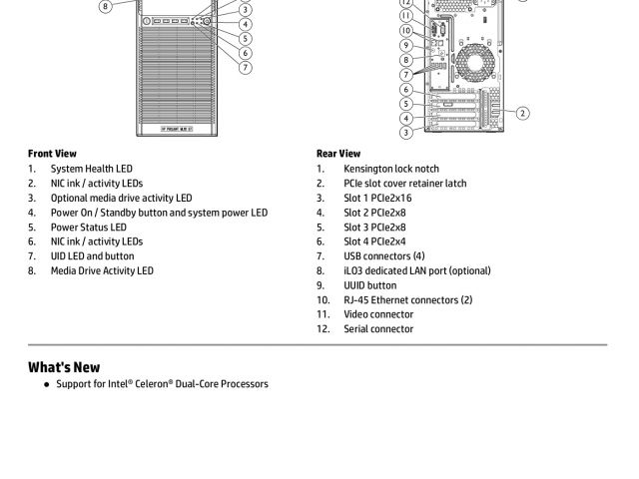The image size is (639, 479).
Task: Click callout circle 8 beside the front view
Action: click(105, 6)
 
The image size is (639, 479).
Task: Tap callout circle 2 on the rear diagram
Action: click(522, 113)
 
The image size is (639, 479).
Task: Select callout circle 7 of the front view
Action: click(245, 68)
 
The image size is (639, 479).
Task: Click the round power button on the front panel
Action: click(206, 21)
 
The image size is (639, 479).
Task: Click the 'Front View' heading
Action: click(52, 154)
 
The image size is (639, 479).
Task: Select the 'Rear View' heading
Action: click(338, 154)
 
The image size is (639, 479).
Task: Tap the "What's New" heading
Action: click(64, 367)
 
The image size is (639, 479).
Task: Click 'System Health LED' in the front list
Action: click(91, 169)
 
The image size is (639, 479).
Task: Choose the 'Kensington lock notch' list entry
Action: click(391, 169)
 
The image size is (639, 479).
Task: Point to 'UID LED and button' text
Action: click(92, 255)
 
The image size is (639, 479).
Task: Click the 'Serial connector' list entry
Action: click(378, 328)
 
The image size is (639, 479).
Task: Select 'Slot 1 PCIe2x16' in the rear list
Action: click(377, 198)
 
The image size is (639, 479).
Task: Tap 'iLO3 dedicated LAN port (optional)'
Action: click(417, 270)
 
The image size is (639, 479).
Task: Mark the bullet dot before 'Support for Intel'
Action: click(46, 384)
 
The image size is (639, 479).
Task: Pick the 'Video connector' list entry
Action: click(378, 314)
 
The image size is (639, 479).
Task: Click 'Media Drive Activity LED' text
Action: click(102, 270)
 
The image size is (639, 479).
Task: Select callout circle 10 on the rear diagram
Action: click(406, 30)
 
